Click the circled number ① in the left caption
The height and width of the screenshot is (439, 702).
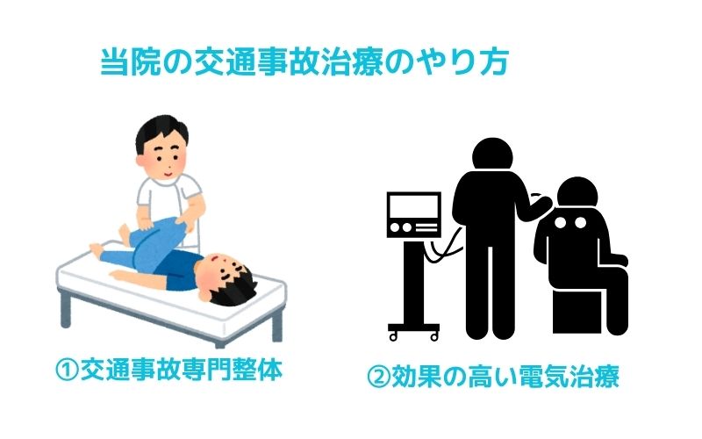(68, 369)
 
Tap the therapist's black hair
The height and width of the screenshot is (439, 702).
(161, 130)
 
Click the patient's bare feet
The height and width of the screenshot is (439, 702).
(107, 242)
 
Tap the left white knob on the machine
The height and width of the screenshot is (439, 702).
(394, 227)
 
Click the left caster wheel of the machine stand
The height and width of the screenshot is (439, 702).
(392, 336)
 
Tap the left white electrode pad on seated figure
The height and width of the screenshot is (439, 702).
(561, 223)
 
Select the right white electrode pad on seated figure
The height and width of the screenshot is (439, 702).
(580, 223)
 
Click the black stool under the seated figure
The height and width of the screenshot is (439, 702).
(577, 312)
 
